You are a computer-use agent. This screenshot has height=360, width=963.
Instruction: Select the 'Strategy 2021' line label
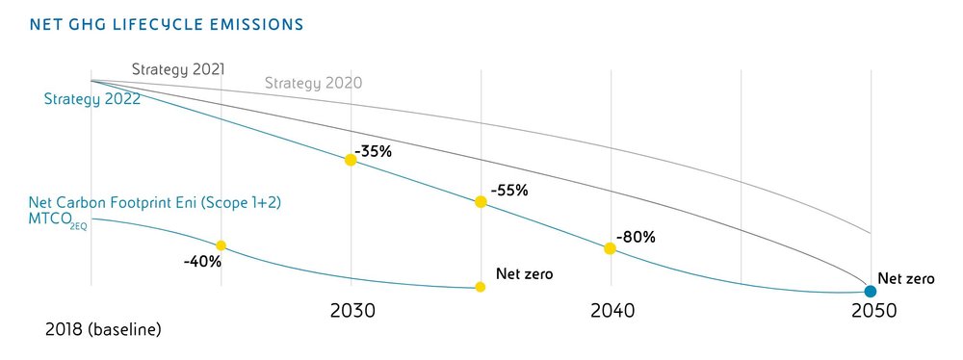[x=178, y=69]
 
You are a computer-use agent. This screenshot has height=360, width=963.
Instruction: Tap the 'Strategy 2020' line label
[x=313, y=83]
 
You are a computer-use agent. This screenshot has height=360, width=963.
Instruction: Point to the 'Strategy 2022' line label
[x=92, y=98]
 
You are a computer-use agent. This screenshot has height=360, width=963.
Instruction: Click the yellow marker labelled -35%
[x=351, y=160]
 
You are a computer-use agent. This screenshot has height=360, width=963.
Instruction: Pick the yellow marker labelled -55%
[x=480, y=202]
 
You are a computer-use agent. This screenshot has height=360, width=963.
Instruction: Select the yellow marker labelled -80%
[x=610, y=248]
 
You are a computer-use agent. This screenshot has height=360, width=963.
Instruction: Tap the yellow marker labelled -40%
[x=221, y=245]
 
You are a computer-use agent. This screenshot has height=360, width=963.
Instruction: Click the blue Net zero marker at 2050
[x=870, y=291]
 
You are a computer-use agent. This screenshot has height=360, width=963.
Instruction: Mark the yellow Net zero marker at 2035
[x=480, y=287]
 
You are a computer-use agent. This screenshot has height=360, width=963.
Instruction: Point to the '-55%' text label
[x=508, y=191]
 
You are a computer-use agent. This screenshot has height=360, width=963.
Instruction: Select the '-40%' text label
[x=202, y=261]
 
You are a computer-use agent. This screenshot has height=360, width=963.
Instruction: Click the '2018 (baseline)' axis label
[x=103, y=330]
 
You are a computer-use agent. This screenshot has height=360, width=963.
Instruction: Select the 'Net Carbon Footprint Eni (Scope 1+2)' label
[x=154, y=203]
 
